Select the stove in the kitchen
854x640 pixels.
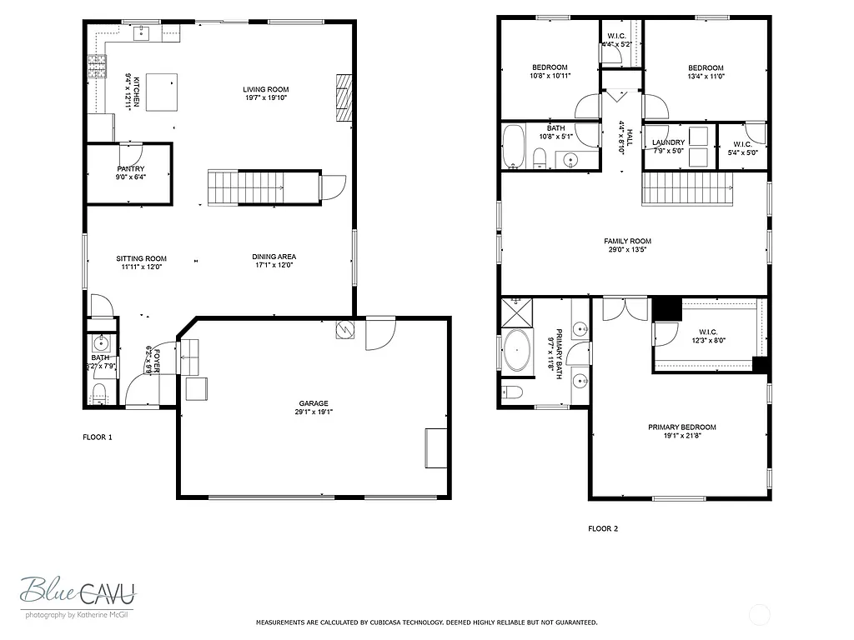coord(97,66)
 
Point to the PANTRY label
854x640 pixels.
coord(131,169)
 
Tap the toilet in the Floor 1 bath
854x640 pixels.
coord(99,392)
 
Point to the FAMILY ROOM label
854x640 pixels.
coord(627,241)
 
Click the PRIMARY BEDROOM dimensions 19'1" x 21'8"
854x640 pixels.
coord(681,436)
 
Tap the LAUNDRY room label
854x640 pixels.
coord(668,142)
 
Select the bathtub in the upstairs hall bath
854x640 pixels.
coord(513,147)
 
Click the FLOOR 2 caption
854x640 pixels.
coord(603,528)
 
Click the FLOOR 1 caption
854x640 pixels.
coord(98,437)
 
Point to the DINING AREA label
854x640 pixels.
coord(274,257)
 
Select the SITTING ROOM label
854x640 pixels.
coord(141,258)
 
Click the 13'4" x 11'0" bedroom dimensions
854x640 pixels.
coord(706,77)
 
